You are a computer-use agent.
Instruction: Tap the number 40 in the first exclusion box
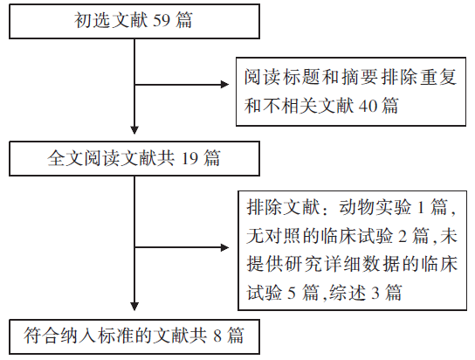click(368, 106)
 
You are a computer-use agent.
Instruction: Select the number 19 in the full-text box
click(189, 158)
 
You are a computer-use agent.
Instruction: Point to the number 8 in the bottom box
click(217, 336)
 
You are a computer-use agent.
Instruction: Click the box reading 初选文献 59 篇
click(134, 21)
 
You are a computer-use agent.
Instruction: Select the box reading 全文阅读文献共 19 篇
click(134, 158)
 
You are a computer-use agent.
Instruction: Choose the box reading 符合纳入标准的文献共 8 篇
click(134, 336)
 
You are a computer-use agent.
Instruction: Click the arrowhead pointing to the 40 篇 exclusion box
click(224, 85)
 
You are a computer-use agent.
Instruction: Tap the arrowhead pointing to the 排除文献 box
click(224, 247)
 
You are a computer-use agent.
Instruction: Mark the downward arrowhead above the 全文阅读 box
click(134, 130)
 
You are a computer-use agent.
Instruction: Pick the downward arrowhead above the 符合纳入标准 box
click(134, 307)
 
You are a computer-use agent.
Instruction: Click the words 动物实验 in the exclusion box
click(375, 208)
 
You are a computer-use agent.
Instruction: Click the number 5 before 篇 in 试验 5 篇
click(292, 293)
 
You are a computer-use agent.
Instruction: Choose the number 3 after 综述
click(375, 293)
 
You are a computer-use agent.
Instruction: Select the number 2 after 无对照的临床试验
click(403, 237)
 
